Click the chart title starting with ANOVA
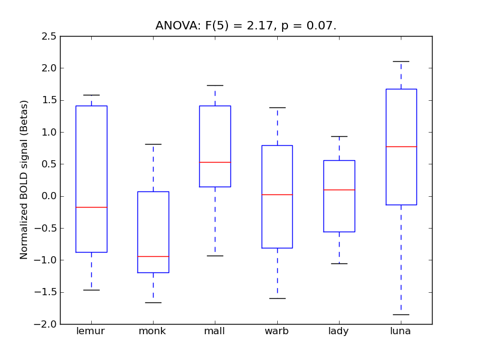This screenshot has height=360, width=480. click(246, 25)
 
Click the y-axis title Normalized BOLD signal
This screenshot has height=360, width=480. click(24, 180)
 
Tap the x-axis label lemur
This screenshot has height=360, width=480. click(91, 331)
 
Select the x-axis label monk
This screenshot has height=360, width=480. click(153, 331)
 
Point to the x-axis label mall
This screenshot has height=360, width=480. click(215, 331)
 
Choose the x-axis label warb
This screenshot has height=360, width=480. click(277, 331)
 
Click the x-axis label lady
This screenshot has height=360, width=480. click(339, 331)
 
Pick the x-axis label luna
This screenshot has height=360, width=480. click(401, 331)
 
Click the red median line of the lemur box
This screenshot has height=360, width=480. click(91, 207)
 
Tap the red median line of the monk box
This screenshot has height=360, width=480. click(153, 256)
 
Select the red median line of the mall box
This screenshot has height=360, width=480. click(215, 162)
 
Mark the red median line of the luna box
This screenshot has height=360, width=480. click(401, 146)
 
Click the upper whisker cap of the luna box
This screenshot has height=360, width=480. click(401, 61)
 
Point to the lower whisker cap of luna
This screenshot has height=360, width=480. click(401, 314)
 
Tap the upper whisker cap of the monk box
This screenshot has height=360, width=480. click(153, 144)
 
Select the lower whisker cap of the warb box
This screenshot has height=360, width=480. click(277, 298)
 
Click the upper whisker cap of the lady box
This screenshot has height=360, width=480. click(339, 136)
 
